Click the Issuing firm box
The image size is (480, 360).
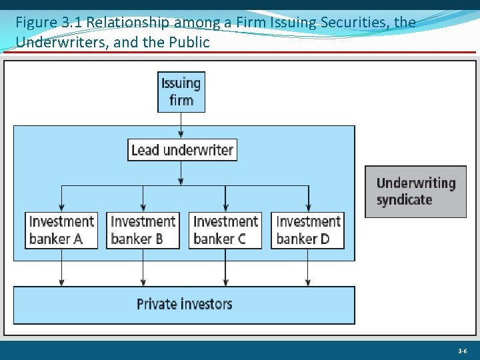point(181,92)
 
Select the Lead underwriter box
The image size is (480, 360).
point(182,150)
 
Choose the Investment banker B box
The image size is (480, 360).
point(143,230)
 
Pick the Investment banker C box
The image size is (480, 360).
point(225,230)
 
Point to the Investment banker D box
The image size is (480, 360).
point(308,230)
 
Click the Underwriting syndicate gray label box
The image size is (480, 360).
point(415,191)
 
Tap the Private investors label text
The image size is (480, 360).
point(184,305)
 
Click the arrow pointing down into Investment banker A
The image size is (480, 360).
point(62,199)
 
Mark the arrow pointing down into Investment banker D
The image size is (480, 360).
point(308,199)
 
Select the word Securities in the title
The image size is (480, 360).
point(353,23)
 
